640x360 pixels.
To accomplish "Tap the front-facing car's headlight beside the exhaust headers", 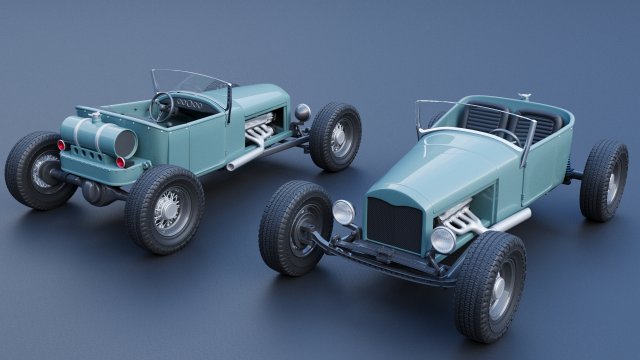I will point(442,239).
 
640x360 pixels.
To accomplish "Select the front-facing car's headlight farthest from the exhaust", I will point(343,211).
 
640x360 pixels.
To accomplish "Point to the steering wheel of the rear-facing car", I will point(162,106).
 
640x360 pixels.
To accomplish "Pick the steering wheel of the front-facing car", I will point(505,134).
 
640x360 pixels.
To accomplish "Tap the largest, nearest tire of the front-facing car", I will point(490,284).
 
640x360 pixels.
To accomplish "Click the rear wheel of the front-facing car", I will point(603,179).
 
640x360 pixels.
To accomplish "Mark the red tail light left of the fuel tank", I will point(61,145).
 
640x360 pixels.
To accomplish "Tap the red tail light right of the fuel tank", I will point(121,162).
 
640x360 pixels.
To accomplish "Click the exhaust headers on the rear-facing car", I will point(263,131).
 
